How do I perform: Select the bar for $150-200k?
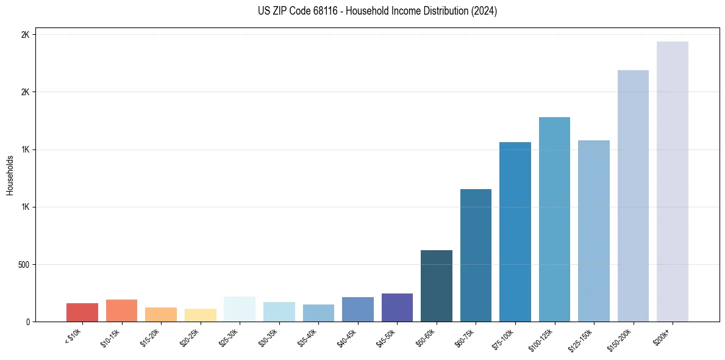coord(633,195)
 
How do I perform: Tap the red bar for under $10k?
coord(82,312)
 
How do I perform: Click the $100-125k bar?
coord(554,219)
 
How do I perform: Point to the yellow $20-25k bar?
coord(201,315)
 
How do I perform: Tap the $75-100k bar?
coord(515,232)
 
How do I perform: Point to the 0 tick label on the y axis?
coord(27,322)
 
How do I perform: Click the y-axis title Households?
coord(10,175)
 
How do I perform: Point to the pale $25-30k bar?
coord(240,309)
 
